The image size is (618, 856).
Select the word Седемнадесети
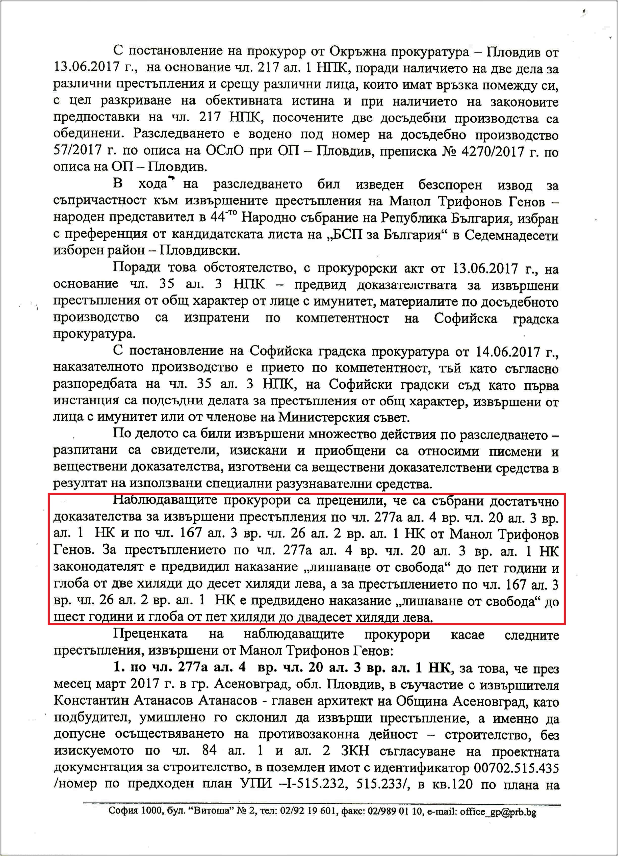coord(511,235)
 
